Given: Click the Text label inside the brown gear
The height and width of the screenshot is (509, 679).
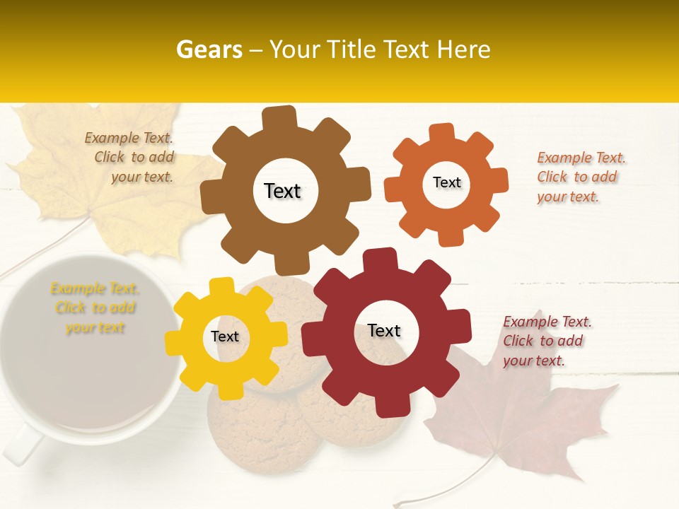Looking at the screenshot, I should (x=282, y=191).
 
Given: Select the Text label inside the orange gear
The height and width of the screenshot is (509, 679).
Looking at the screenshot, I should (x=446, y=182).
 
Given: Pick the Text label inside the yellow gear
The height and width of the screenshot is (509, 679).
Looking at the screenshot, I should (x=225, y=337).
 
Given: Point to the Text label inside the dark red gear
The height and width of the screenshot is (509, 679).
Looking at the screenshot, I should (x=384, y=331).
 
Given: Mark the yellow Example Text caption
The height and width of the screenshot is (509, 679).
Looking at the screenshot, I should (x=95, y=308).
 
